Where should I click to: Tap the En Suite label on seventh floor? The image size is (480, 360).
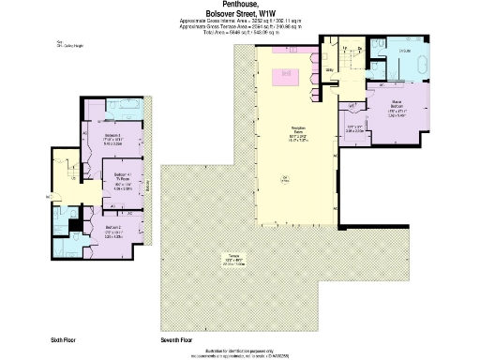(405, 50)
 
